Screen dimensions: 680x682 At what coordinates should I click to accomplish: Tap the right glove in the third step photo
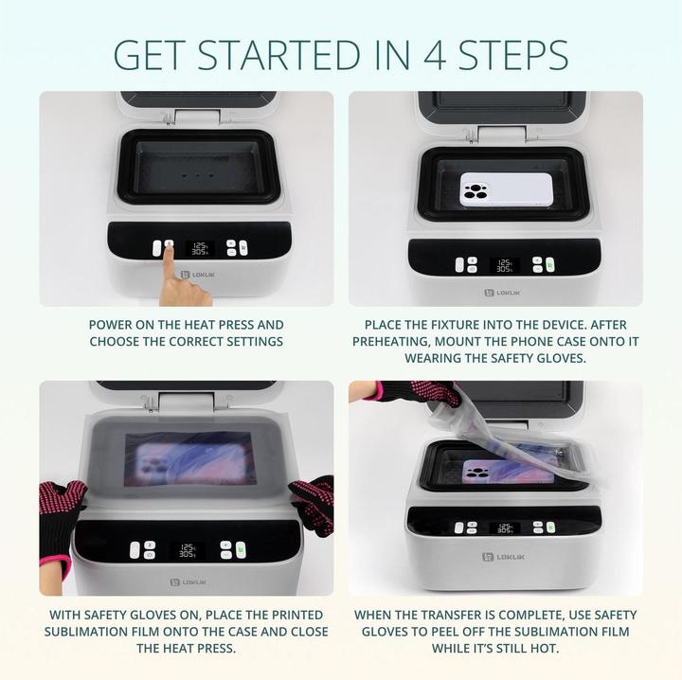[x=312, y=501]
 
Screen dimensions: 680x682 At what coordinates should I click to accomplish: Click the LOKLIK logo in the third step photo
[x=186, y=582]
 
